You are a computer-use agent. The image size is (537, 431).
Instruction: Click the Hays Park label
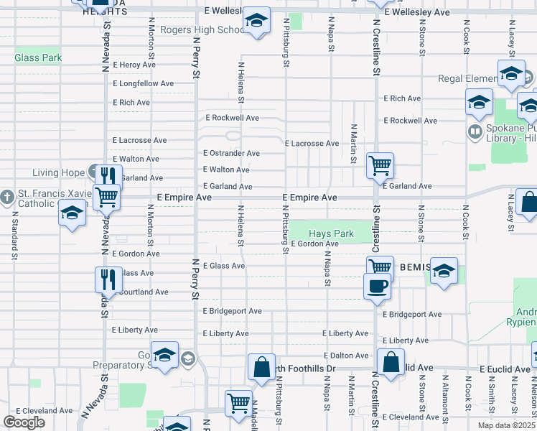pyautogui.click(x=331, y=234)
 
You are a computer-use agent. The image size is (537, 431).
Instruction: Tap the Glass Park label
pyautogui.click(x=38, y=57)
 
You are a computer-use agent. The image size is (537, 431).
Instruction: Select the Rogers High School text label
pyautogui.click(x=202, y=30)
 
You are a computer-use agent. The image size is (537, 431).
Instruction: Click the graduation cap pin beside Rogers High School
pyautogui.click(x=256, y=22)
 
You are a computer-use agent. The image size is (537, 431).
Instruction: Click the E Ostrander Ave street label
pyautogui.click(x=231, y=153)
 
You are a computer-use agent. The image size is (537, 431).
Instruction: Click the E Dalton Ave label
pyautogui.click(x=346, y=356)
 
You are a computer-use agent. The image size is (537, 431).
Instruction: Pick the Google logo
pyautogui.click(x=24, y=422)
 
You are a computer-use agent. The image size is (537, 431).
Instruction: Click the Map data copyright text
pyautogui.click(x=506, y=425)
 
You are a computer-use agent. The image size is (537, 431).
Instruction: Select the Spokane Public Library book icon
pyautogui.click(x=475, y=131)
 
